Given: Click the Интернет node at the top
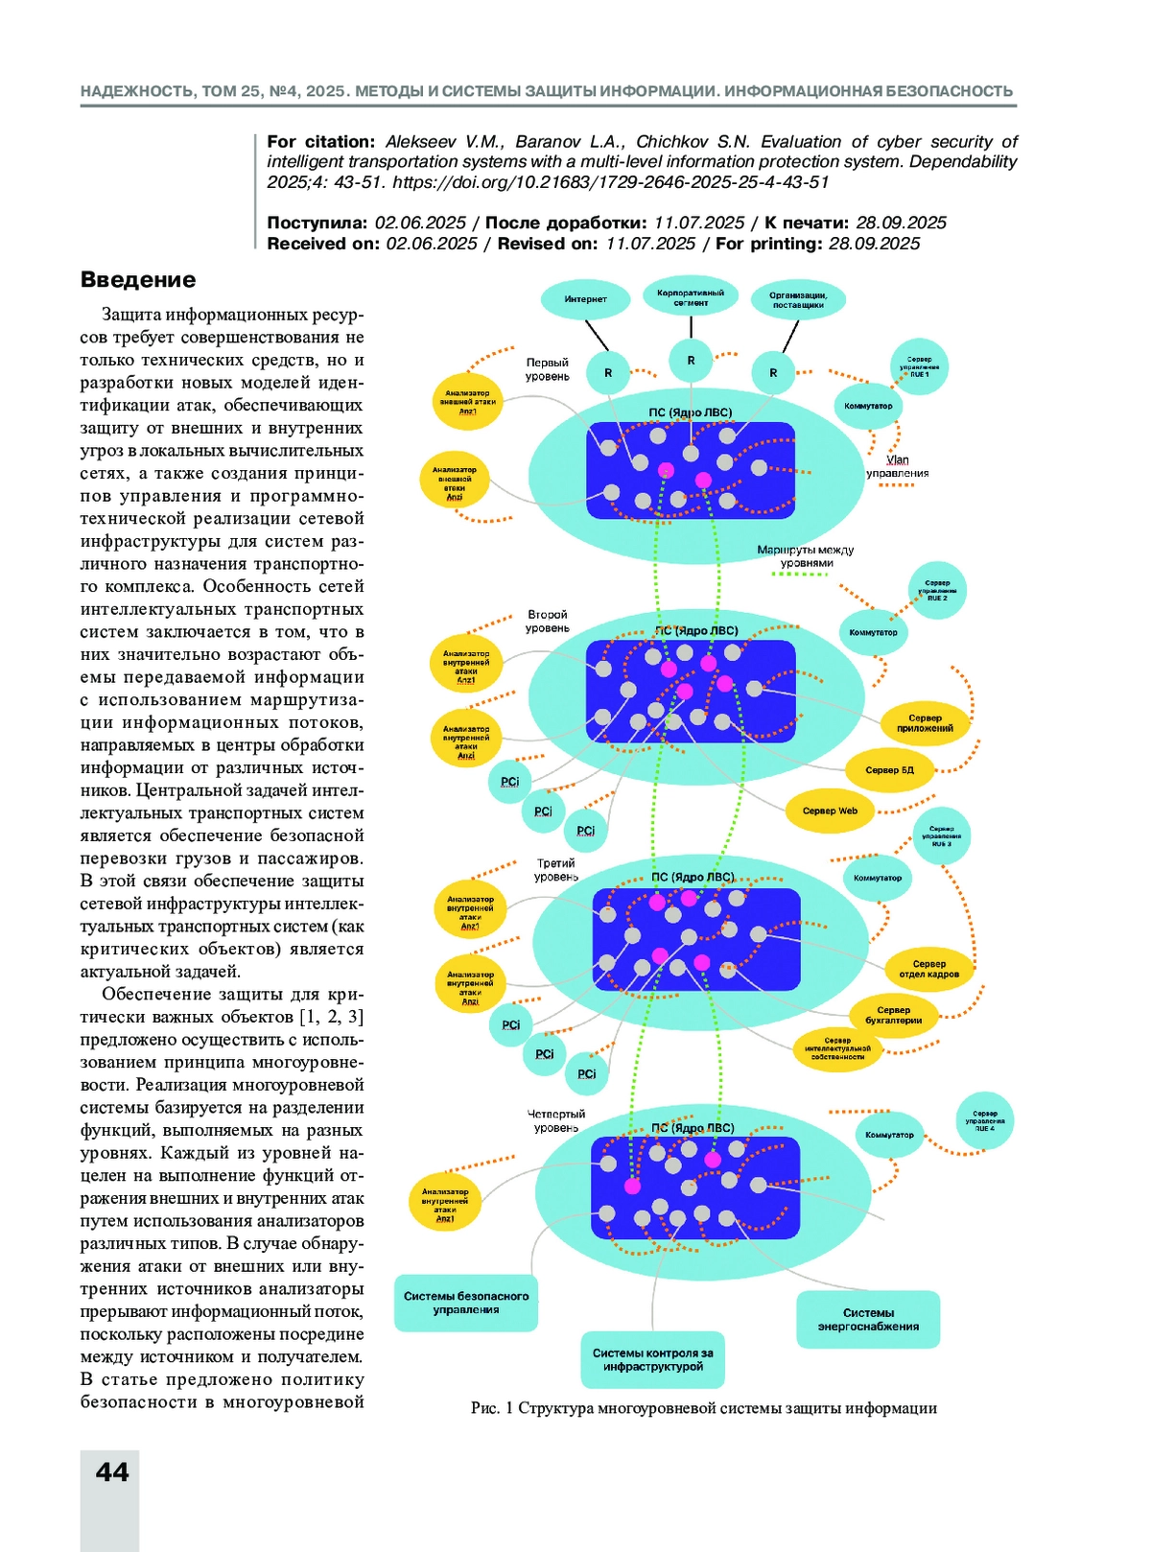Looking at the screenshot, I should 585,299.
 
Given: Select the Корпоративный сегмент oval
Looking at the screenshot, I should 691,297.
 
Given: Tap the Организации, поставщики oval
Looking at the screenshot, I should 798,300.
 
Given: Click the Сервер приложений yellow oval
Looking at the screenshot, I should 925,723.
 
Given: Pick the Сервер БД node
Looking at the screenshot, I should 889,770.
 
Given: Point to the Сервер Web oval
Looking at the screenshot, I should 830,811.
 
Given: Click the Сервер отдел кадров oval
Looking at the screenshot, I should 928,969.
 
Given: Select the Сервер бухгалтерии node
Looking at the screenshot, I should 893,1015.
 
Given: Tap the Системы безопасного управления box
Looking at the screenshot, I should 466,1303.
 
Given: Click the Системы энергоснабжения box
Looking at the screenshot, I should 868,1320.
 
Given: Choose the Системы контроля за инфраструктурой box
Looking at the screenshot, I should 652,1359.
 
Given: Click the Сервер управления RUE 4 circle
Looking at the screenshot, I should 984,1121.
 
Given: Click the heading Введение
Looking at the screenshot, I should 138,280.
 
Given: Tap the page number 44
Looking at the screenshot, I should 112,1472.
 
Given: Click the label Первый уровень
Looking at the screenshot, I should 547,369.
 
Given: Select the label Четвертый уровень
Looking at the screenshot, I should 555,1120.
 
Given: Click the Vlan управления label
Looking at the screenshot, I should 897,466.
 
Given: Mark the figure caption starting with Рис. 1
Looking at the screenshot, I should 703,1408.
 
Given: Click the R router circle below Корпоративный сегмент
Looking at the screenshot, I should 691,362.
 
